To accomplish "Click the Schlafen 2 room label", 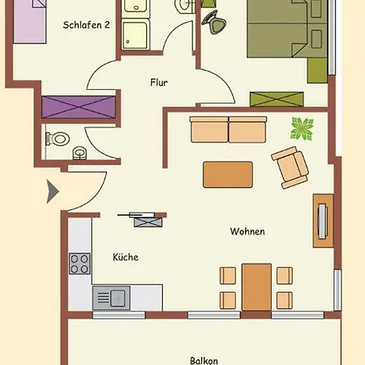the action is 86,25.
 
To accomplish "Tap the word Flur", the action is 159,82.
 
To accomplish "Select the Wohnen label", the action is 247,231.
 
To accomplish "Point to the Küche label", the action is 126,257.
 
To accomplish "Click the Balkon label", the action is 204,361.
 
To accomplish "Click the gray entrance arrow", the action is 53,191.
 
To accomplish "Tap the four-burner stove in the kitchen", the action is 79,264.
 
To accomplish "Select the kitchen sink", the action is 111,298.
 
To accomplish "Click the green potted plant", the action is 303,129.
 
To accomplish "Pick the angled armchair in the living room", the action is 290,168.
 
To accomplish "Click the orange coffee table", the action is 228,174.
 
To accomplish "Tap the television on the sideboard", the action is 322,221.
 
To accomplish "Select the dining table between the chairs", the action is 256,287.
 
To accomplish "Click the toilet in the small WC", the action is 58,139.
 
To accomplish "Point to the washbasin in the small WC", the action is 79,153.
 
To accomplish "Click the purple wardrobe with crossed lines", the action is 79,107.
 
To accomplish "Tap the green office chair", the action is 215,22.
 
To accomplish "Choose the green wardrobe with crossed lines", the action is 277,99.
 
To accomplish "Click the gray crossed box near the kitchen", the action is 148,222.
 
